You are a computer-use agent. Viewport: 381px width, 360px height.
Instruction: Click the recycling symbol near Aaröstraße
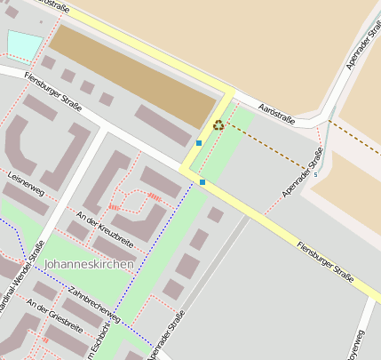(x=218, y=125)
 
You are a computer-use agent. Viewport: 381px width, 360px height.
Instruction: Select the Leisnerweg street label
(x=25, y=184)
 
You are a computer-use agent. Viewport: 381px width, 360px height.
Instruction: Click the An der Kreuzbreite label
(x=105, y=229)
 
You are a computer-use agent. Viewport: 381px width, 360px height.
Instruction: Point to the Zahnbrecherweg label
(x=93, y=304)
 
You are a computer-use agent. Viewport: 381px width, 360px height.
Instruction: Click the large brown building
(x=133, y=75)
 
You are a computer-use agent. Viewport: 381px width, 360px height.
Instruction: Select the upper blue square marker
(x=199, y=142)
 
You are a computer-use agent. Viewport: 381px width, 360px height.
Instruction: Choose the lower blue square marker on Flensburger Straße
(x=202, y=182)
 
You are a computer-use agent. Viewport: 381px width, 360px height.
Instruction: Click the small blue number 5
(x=315, y=174)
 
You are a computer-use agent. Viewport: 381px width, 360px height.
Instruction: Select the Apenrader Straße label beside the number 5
(x=303, y=172)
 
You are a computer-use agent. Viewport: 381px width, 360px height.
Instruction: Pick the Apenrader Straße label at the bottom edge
(x=167, y=337)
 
